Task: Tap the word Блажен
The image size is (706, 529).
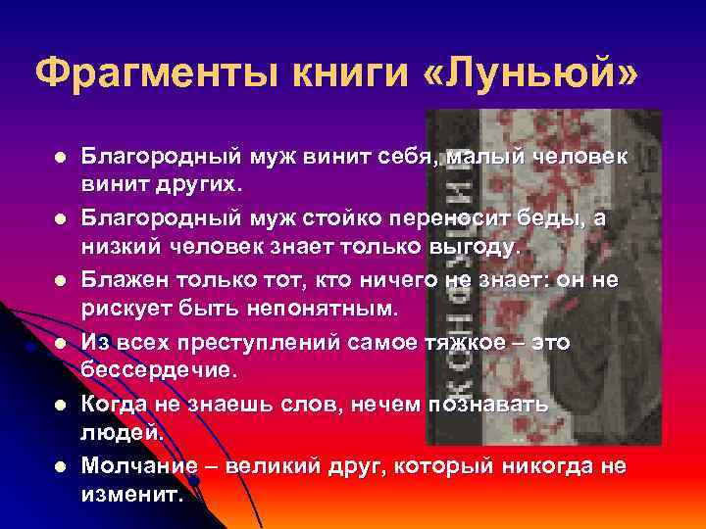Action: [127, 279]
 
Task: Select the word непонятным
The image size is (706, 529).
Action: [314, 309]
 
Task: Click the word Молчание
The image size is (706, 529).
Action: [136, 465]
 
